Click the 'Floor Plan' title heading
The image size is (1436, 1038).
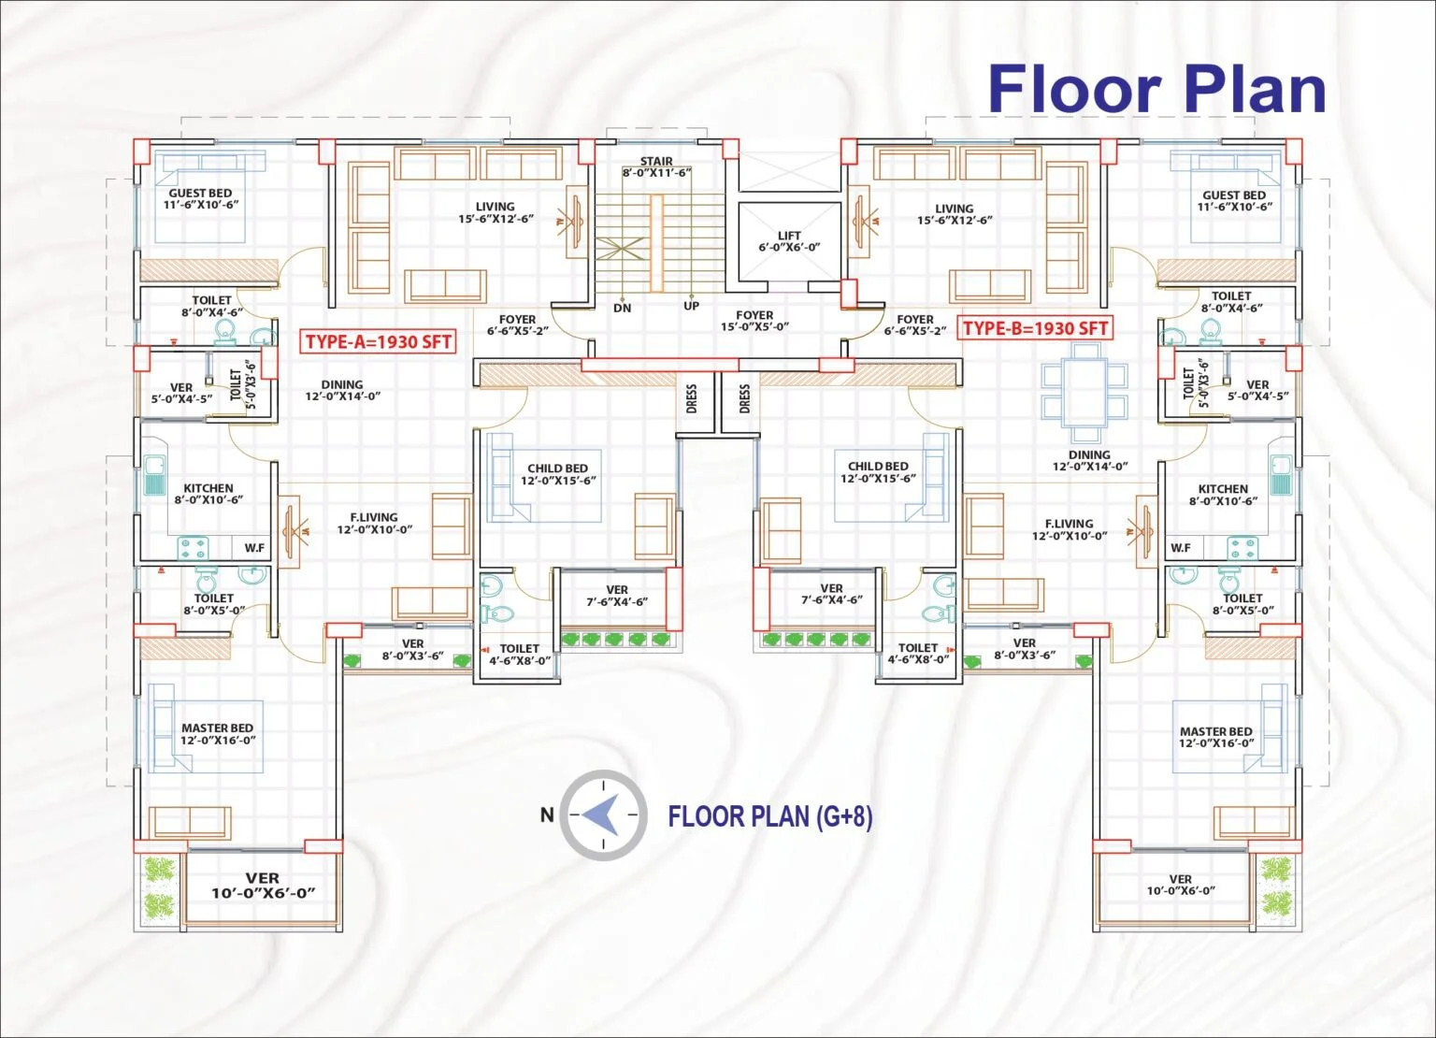tap(1156, 89)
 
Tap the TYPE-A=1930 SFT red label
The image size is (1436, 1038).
tap(379, 341)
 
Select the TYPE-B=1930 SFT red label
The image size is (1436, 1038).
tap(1035, 328)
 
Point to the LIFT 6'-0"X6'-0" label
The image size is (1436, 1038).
tap(789, 241)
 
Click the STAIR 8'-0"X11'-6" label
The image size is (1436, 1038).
tap(656, 166)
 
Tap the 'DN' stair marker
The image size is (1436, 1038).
tap(622, 308)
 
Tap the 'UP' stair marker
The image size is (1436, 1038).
tap(691, 306)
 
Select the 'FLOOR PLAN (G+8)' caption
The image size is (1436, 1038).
tap(770, 816)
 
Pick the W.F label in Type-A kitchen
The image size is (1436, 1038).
tap(254, 548)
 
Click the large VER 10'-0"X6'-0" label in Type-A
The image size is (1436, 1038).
tap(263, 885)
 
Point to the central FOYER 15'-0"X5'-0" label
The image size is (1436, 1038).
tap(754, 321)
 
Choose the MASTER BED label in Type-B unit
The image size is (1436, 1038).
tap(1216, 737)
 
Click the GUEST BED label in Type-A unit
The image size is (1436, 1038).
tap(201, 199)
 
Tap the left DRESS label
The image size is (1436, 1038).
tap(691, 398)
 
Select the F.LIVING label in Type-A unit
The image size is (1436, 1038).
tap(374, 523)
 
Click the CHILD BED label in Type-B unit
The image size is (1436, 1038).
tap(878, 472)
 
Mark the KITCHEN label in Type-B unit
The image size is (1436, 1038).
tap(1223, 495)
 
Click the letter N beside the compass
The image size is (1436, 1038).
tap(546, 815)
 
